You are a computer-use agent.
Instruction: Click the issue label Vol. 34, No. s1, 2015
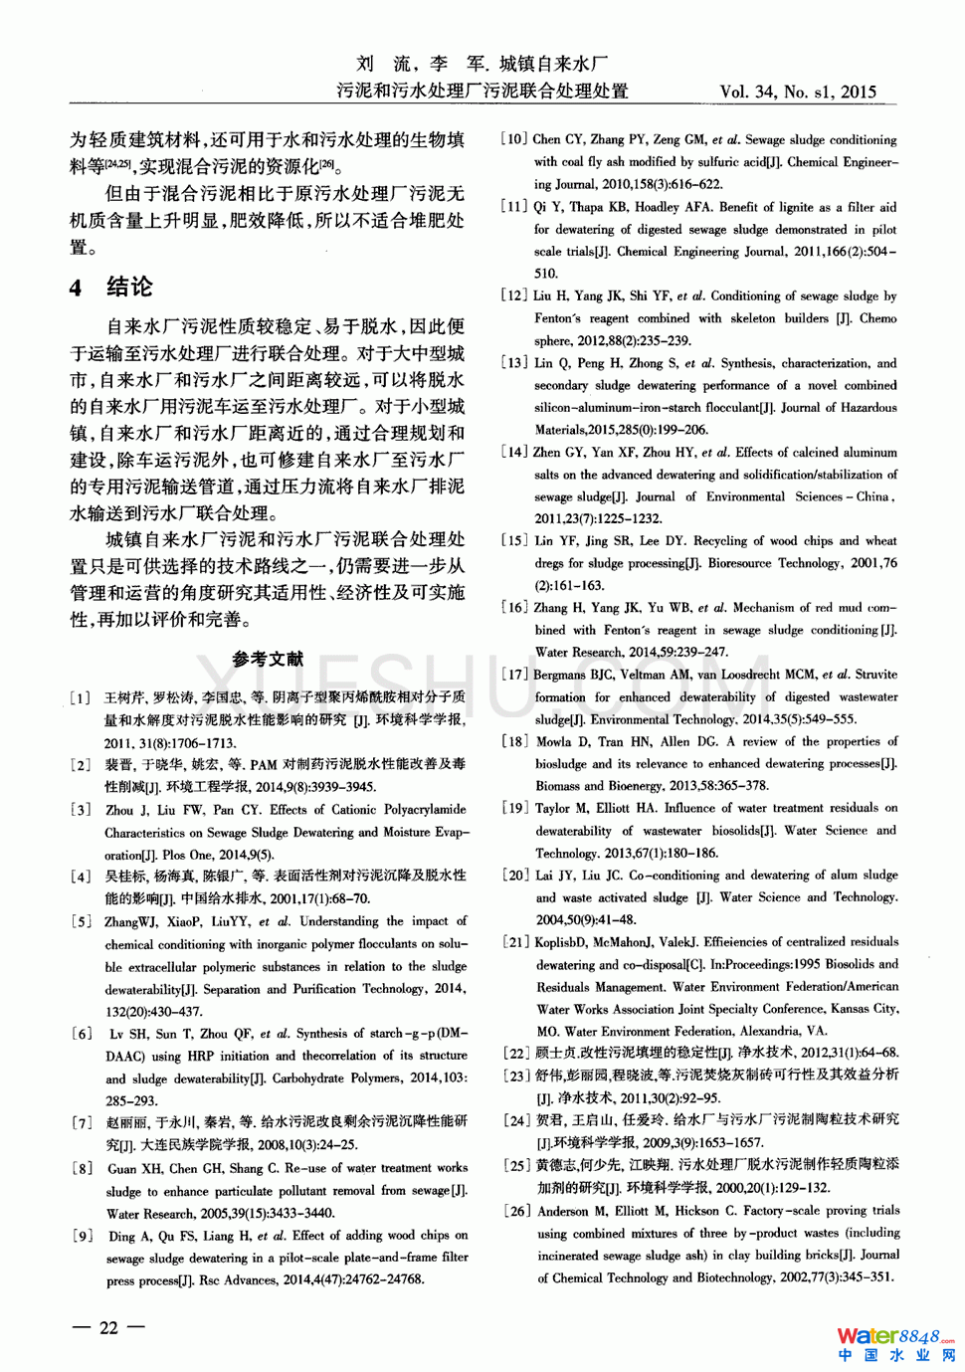[798, 93]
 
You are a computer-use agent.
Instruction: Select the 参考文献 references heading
[268, 659]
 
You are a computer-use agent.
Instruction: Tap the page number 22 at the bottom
[108, 1327]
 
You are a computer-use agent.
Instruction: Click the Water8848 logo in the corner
[894, 1344]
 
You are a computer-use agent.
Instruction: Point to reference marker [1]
[81, 697]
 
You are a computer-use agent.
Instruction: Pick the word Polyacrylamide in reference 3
[413, 810]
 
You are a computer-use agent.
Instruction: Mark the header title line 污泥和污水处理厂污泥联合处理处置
[482, 92]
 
